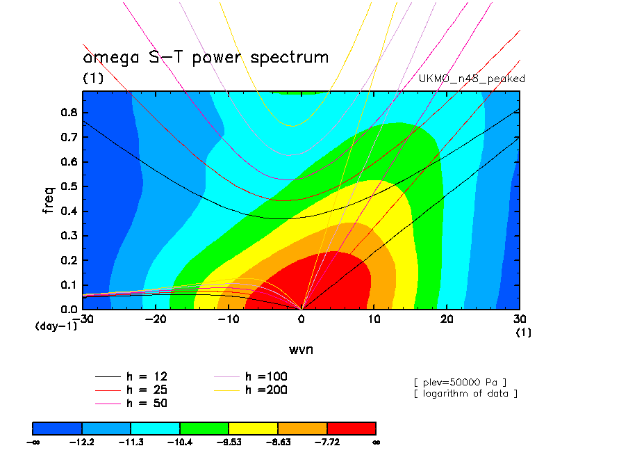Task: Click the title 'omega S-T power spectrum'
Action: tap(206, 57)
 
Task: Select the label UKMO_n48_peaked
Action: tap(472, 79)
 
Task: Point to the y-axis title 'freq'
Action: tap(49, 198)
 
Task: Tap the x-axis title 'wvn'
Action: tap(301, 349)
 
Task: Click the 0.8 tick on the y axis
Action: tap(67, 113)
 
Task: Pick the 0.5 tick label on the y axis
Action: tap(67, 186)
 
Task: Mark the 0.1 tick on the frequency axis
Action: tap(67, 285)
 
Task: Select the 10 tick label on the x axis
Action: tap(374, 319)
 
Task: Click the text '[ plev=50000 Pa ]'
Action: tap(459, 381)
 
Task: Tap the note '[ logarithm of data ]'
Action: tap(465, 394)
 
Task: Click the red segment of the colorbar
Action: tap(351, 427)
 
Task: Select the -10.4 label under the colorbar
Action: tap(179, 442)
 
